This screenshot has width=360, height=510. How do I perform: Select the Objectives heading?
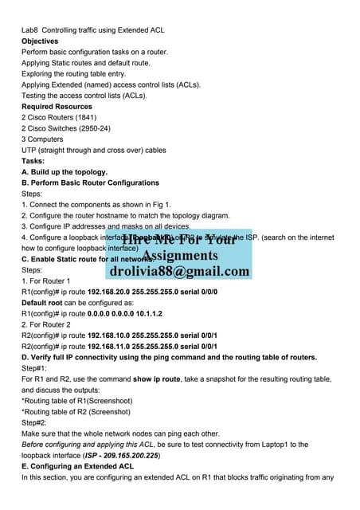click(x=40, y=41)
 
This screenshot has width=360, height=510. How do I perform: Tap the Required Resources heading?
click(x=57, y=106)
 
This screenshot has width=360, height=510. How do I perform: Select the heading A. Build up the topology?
click(x=65, y=171)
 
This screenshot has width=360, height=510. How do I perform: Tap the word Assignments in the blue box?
click(x=179, y=255)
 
